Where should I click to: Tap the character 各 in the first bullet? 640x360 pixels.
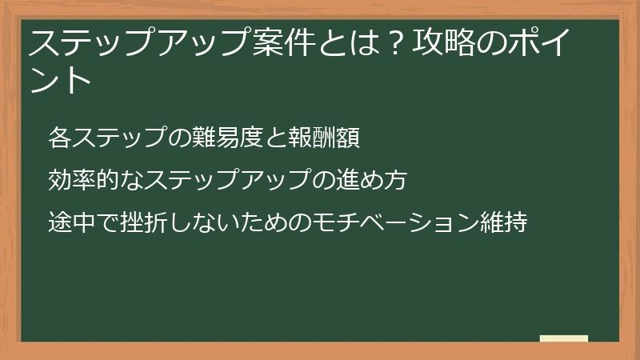(59, 138)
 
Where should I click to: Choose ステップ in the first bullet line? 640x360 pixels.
(118, 138)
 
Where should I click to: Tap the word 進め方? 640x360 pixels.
(377, 179)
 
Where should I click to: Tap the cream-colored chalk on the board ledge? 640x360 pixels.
(564, 338)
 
